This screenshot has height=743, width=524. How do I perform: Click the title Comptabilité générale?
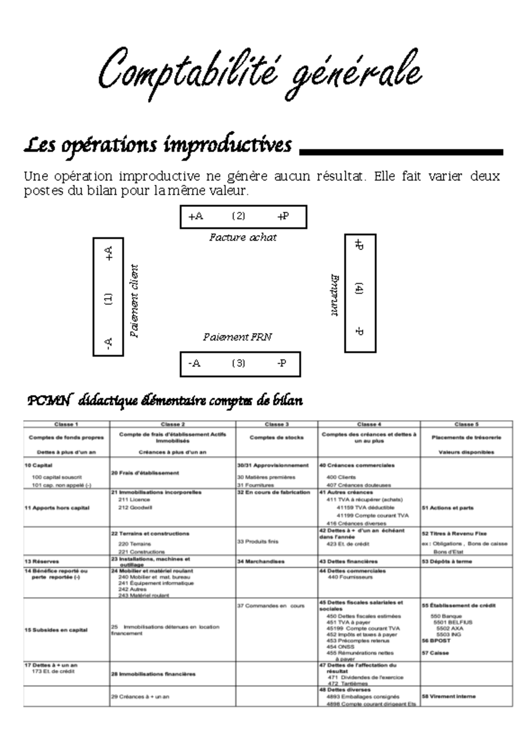pos(260,72)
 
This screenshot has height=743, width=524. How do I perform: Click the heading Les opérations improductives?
pos(158,145)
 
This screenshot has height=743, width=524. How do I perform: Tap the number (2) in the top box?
pos(238,216)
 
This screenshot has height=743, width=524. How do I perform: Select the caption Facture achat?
pos(243,237)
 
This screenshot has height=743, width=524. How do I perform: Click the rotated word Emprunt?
pos(334,295)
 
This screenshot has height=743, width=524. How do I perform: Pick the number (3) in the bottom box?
pos(238,363)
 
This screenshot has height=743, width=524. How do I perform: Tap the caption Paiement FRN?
pos(237,337)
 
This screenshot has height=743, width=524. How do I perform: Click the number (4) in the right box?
pos(359,289)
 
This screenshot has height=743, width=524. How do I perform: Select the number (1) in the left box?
pos(108,299)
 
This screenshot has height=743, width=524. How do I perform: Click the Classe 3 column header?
pos(276,424)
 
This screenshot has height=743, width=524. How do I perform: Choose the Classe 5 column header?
pos(466,424)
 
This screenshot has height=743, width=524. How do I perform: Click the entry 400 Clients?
pos(341,477)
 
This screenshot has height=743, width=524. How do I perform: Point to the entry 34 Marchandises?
pos(261,561)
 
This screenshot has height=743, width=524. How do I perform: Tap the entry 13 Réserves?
pos(41,561)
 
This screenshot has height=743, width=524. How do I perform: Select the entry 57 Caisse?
pos(435,653)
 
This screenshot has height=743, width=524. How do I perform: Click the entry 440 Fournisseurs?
pos(350,577)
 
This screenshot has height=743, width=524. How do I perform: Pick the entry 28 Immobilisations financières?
pos(153,674)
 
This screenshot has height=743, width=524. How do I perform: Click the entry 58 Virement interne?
pos(448,696)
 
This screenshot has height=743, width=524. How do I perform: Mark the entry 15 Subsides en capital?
pos(56,630)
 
